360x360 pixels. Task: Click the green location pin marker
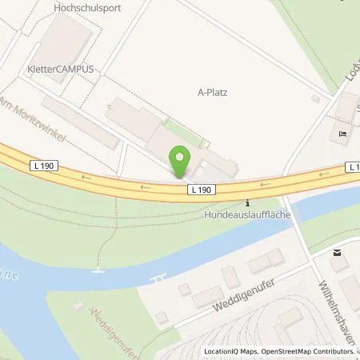[180, 161]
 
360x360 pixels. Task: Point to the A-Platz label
[213, 92]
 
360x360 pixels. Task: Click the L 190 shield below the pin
[202, 190]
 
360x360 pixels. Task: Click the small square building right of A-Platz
[315, 98]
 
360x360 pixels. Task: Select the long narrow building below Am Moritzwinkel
[80, 122]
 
